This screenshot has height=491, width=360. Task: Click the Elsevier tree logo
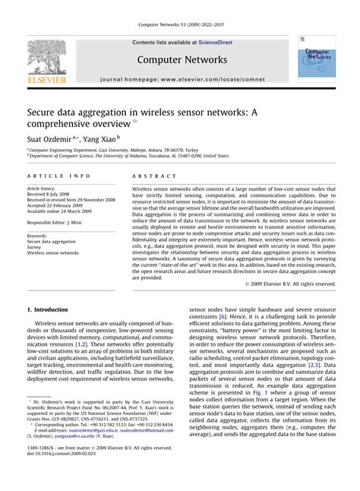click(48, 59)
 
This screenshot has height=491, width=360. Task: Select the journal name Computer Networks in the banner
click(182, 59)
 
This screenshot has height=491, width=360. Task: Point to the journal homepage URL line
click(182, 79)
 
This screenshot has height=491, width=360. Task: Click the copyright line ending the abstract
click(292, 284)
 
